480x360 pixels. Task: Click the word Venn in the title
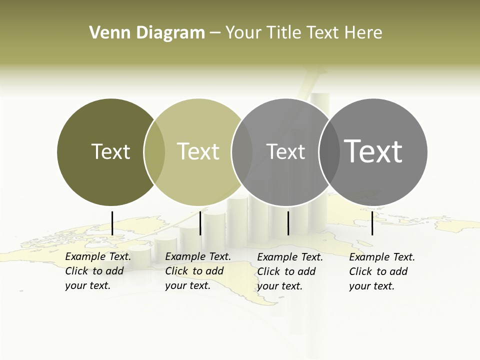[x=106, y=33]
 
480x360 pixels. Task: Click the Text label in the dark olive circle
[x=110, y=151]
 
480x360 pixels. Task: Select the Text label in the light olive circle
[x=198, y=151]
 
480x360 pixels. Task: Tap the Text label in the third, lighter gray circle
[x=285, y=151]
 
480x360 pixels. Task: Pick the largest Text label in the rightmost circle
[x=373, y=151]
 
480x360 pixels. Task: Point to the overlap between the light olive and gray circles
[x=242, y=152]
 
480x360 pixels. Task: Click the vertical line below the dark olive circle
[x=112, y=223]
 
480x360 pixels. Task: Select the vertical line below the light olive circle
[x=200, y=223]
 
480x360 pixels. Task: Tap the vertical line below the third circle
[x=288, y=223]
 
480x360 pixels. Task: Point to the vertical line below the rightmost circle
[x=372, y=223]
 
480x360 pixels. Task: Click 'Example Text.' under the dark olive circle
[x=98, y=256]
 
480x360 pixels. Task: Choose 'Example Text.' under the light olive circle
[x=198, y=256]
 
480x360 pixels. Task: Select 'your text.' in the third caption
[x=280, y=286]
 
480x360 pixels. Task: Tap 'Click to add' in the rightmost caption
[x=378, y=271]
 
